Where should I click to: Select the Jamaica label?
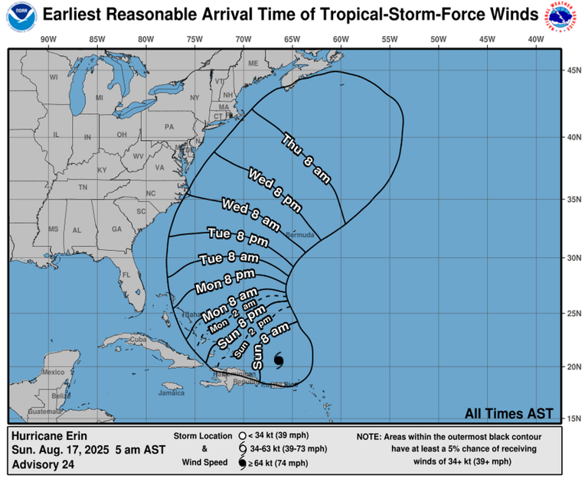coord(171,393)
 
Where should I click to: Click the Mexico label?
coord(54,372)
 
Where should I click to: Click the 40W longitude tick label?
coord(535,40)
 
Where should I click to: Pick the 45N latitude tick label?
coord(573,70)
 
